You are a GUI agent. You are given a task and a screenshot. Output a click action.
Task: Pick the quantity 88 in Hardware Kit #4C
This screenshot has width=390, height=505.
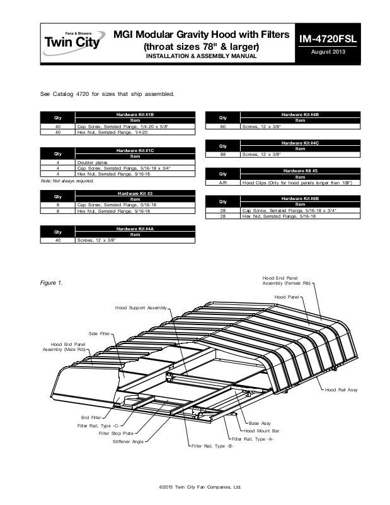click(x=222, y=154)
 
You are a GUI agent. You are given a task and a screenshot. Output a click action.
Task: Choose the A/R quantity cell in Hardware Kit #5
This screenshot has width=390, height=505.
click(x=222, y=182)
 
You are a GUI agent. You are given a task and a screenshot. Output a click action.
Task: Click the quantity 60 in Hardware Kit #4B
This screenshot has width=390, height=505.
click(x=222, y=126)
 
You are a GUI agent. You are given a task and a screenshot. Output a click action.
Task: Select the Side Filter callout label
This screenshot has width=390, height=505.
click(x=99, y=333)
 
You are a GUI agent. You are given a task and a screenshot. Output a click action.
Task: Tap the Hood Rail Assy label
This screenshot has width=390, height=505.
click(x=341, y=391)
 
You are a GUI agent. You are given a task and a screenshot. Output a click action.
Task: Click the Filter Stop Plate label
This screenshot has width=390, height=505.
click(x=115, y=434)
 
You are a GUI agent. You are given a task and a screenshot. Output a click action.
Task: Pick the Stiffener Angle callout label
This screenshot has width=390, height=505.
click(x=128, y=442)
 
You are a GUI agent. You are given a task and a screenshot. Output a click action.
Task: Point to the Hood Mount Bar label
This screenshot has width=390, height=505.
click(x=261, y=430)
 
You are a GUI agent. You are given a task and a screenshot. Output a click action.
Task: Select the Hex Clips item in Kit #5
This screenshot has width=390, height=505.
click(x=296, y=182)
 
